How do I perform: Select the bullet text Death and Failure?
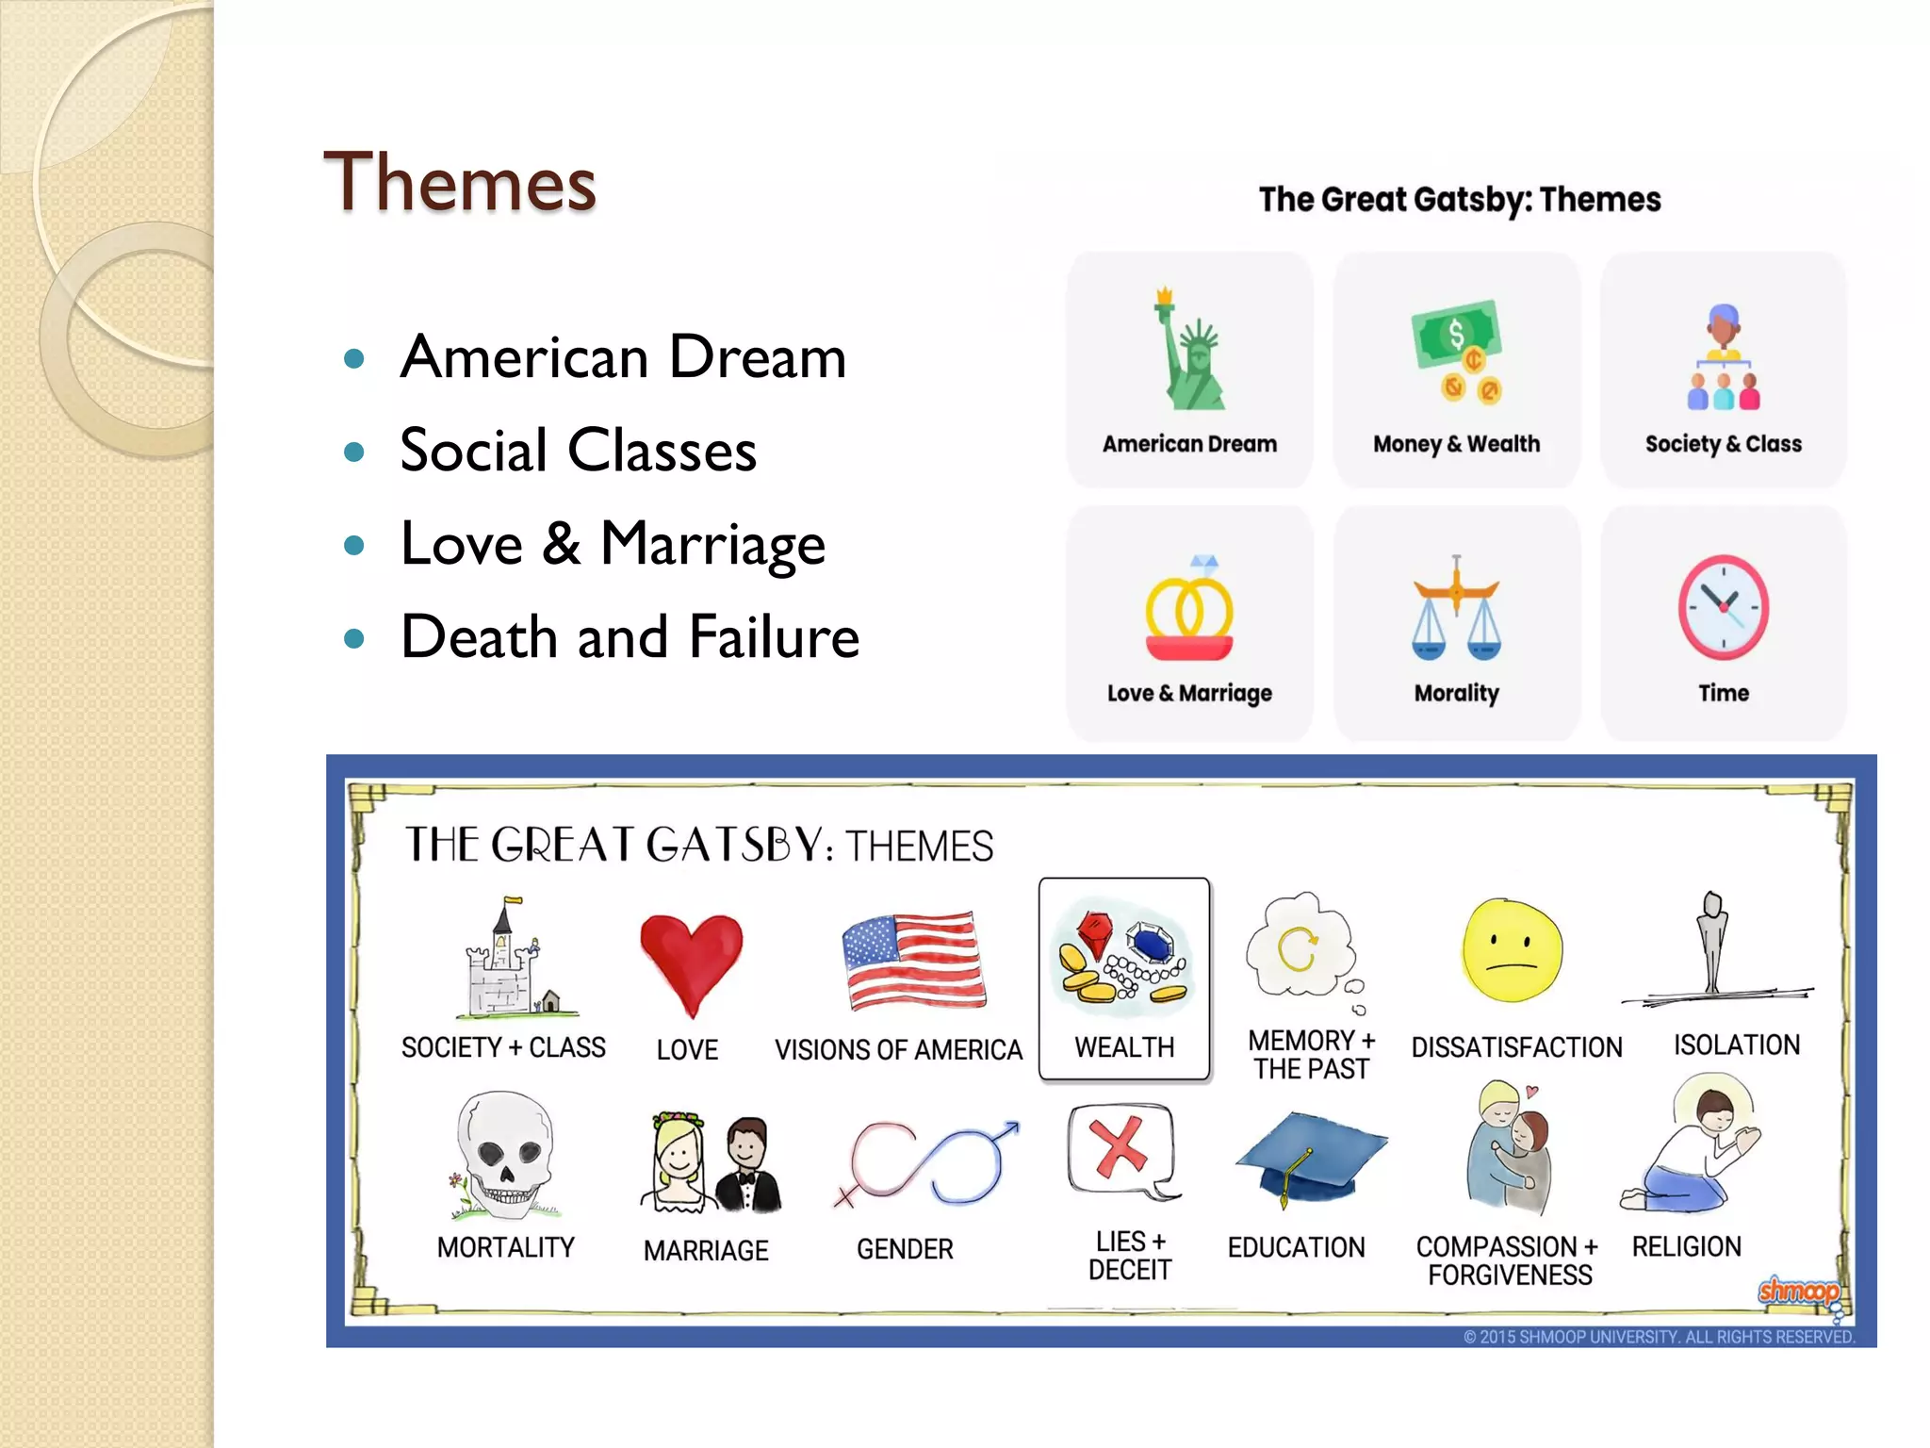(x=630, y=636)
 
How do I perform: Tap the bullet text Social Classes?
(x=578, y=450)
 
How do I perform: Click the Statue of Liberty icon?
(x=1190, y=352)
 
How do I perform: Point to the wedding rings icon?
(x=1189, y=611)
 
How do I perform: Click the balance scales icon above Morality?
(x=1456, y=608)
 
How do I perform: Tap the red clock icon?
(x=1723, y=607)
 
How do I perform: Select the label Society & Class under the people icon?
(x=1723, y=444)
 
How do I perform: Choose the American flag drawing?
(x=912, y=960)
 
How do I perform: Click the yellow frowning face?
(x=1512, y=950)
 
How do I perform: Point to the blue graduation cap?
(x=1310, y=1155)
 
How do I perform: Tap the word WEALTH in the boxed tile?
(x=1124, y=1047)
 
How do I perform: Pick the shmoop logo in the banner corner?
(x=1798, y=1291)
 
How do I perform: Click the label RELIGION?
(x=1686, y=1246)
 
